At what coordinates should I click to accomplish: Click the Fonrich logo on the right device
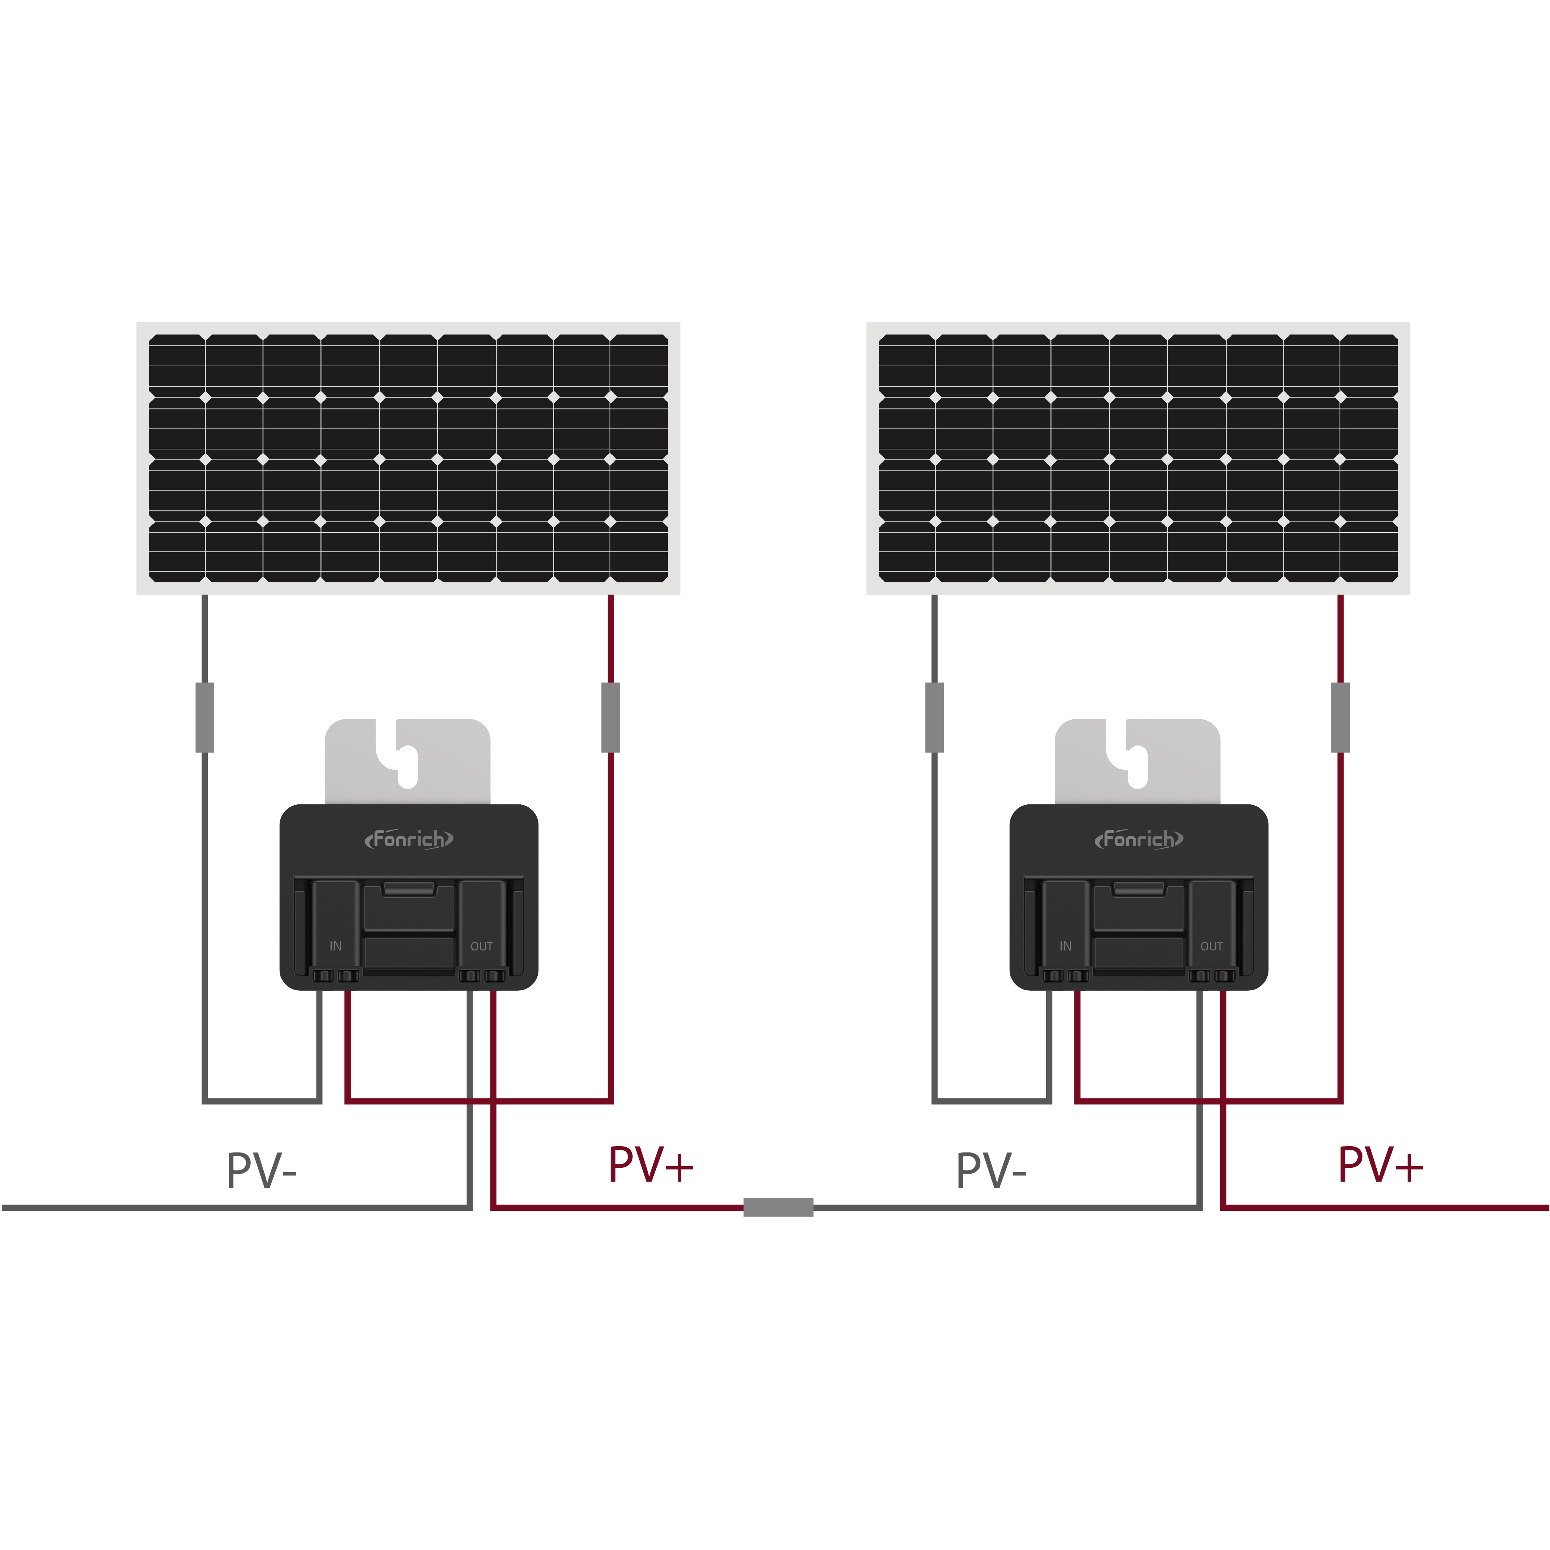(1138, 839)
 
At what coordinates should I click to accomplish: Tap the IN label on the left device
(335, 946)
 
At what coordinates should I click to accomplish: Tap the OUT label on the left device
(481, 946)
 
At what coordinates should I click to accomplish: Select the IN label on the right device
(1065, 946)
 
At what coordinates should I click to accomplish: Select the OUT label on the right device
(1212, 946)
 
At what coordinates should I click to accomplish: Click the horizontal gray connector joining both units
(778, 1207)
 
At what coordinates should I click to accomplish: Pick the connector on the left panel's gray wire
(205, 717)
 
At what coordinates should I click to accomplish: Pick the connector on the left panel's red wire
(611, 717)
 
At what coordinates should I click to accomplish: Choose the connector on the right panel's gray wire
(935, 717)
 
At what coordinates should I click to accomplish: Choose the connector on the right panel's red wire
(1341, 717)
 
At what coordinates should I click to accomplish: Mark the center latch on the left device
(409, 888)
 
